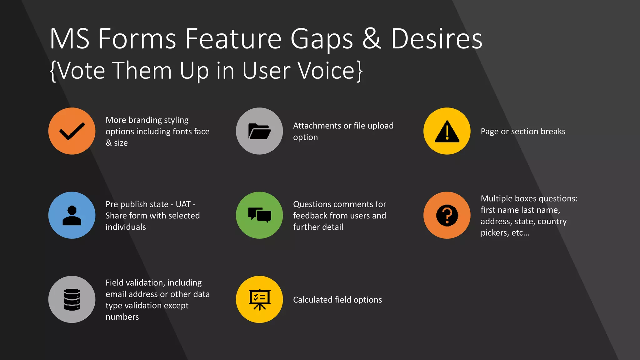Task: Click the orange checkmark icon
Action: pyautogui.click(x=72, y=131)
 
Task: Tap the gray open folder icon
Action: pyautogui.click(x=259, y=131)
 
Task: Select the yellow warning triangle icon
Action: pyautogui.click(x=447, y=131)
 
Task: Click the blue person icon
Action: pyautogui.click(x=72, y=215)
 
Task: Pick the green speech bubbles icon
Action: pyautogui.click(x=259, y=215)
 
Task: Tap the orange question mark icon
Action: pyautogui.click(x=447, y=215)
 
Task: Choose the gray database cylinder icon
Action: pyautogui.click(x=72, y=299)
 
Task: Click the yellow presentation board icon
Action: pyautogui.click(x=259, y=299)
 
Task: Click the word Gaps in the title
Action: pyautogui.click(x=322, y=39)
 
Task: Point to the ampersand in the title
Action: pyautogui.click(x=372, y=39)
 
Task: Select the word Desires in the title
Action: pyautogui.click(x=437, y=39)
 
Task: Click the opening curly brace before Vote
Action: pyautogui.click(x=53, y=71)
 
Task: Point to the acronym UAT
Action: pyautogui.click(x=183, y=204)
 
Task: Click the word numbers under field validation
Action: pyautogui.click(x=122, y=317)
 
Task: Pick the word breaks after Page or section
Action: pyautogui.click(x=553, y=132)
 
